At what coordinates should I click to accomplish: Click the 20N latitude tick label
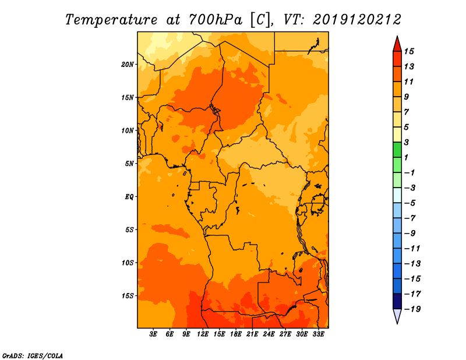[128, 65]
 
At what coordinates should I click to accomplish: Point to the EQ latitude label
[129, 197]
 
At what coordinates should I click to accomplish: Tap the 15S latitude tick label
[128, 296]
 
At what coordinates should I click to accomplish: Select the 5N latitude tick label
[129, 164]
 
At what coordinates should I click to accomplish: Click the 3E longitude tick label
[153, 334]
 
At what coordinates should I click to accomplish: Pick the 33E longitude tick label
[318, 334]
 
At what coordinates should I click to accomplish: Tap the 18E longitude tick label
[236, 334]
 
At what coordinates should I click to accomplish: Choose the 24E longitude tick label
[269, 334]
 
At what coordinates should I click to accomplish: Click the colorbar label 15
[409, 52]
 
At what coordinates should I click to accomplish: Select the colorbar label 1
[406, 157]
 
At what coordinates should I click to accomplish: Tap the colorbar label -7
[410, 218]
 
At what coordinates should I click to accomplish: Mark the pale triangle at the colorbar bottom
[397, 315]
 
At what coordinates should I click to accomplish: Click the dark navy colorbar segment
[397, 301]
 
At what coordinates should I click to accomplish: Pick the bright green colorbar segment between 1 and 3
[397, 150]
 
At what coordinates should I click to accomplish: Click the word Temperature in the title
[111, 20]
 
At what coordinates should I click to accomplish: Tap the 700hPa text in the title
[216, 20]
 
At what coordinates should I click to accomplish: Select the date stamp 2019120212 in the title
[357, 20]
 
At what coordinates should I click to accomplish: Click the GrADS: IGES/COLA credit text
[33, 356]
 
